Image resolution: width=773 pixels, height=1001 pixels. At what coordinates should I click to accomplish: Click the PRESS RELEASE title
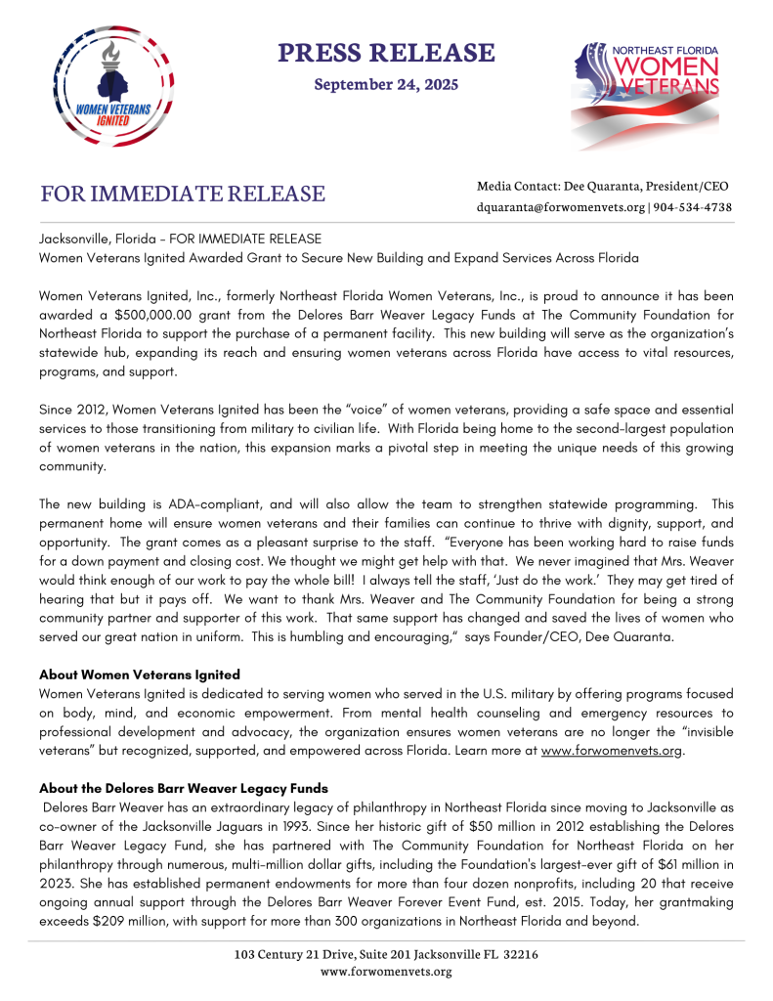(x=386, y=52)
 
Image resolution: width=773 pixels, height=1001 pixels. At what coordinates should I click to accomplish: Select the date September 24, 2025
(x=386, y=84)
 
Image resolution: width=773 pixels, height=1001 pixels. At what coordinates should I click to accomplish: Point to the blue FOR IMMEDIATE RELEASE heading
(x=183, y=194)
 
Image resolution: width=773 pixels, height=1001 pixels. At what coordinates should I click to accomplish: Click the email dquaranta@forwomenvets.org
(x=561, y=207)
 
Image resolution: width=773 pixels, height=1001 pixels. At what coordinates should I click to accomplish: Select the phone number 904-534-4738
(x=693, y=207)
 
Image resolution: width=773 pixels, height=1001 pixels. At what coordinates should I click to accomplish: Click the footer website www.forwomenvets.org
(x=386, y=971)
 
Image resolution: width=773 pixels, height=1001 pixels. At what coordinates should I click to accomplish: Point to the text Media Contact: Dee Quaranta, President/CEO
(x=603, y=186)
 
